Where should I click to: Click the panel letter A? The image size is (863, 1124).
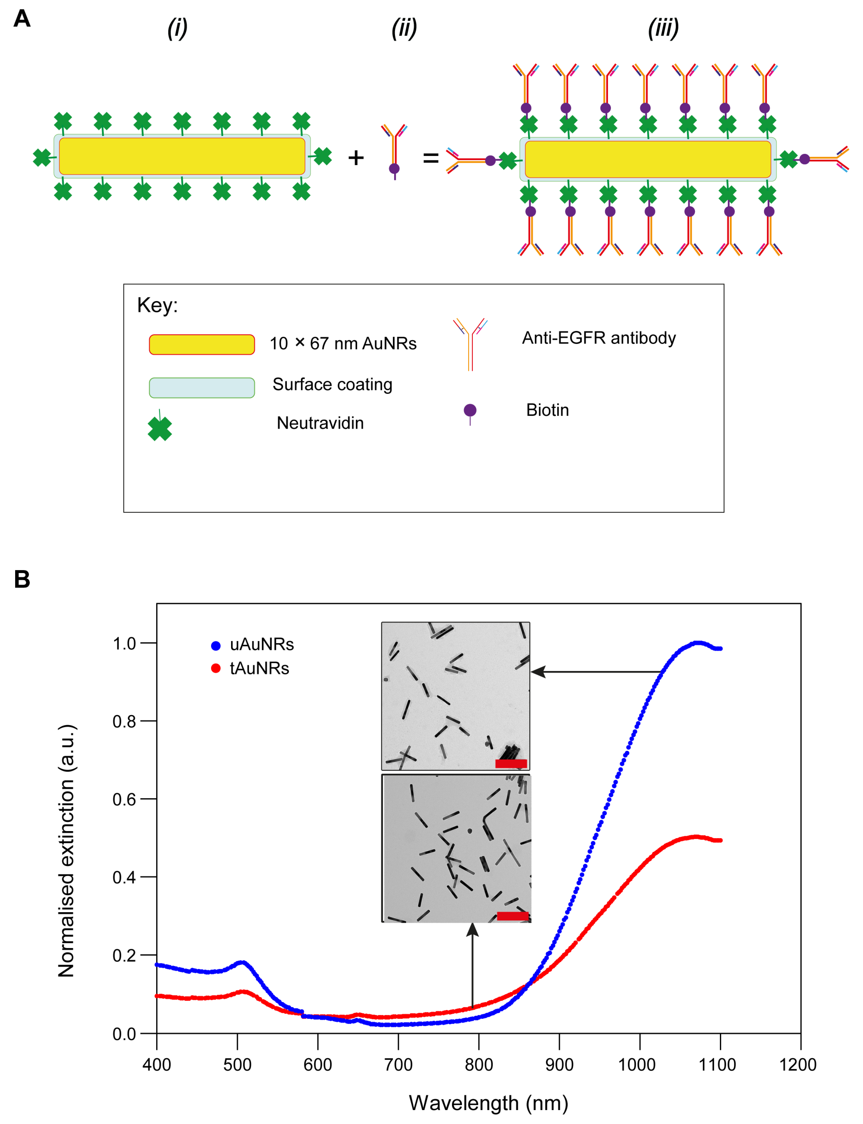click(21, 19)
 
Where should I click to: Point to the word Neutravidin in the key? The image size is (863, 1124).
click(320, 423)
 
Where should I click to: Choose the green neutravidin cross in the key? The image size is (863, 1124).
click(160, 428)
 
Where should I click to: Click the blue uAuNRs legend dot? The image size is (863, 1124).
click(216, 645)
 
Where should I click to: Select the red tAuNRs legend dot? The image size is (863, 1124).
click(216, 668)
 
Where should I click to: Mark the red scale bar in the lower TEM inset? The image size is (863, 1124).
click(513, 916)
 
